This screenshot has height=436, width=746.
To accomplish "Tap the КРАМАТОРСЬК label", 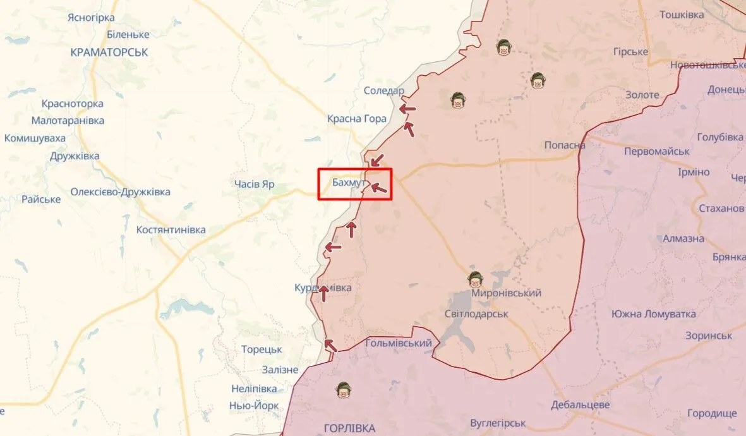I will coord(109,52).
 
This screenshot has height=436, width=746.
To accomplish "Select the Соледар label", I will coord(383,91).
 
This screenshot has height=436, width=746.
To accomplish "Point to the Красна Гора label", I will coord(357,118).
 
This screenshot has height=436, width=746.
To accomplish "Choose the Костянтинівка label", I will coord(171,230).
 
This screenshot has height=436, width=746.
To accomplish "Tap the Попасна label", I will coord(565,145).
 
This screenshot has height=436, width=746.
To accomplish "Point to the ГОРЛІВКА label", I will coord(349,428).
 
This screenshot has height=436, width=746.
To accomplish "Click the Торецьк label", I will coord(262,349).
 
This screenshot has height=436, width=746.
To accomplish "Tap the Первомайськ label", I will coord(656,152).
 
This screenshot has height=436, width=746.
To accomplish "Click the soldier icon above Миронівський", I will coord(475,278).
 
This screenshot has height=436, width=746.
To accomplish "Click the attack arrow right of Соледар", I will coord(407,109).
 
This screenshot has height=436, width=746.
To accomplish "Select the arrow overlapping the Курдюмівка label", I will coord(323,293).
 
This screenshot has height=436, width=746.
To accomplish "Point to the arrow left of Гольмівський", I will coord(330,344).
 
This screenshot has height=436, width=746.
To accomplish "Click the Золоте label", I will coord(642,95).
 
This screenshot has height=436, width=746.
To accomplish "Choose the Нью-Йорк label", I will coord(254,406).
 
